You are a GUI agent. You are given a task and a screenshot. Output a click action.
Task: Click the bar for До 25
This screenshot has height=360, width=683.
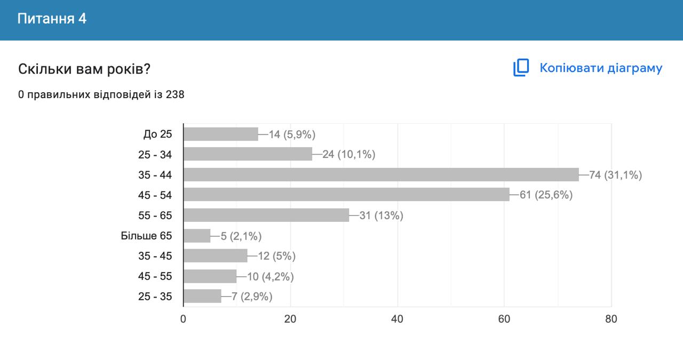pyautogui.click(x=221, y=134)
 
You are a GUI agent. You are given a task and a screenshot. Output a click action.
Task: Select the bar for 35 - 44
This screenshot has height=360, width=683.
pyautogui.click(x=381, y=175)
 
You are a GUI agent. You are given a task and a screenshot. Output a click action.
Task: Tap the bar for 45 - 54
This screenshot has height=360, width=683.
pyautogui.click(x=346, y=195)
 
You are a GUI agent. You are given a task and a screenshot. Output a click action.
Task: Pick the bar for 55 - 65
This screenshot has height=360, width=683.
pyautogui.click(x=266, y=215)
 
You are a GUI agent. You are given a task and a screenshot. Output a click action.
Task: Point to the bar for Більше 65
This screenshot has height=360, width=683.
pyautogui.click(x=197, y=236)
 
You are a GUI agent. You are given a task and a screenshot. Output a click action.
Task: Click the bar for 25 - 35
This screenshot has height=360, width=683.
pyautogui.click(x=202, y=297)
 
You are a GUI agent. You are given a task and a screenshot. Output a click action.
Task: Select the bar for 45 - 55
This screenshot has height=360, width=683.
pyautogui.click(x=210, y=276)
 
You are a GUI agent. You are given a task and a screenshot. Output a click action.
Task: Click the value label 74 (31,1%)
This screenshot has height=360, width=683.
pyautogui.click(x=615, y=175)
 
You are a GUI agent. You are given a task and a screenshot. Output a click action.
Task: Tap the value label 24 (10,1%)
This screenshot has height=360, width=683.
pyautogui.click(x=348, y=155)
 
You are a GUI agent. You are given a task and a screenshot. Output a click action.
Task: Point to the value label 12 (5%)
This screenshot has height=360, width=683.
pyautogui.click(x=276, y=256)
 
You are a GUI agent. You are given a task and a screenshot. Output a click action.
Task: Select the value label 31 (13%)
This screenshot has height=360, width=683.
pyautogui.click(x=382, y=215)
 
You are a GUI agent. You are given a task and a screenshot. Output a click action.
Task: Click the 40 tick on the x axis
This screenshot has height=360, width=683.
pyautogui.click(x=397, y=319)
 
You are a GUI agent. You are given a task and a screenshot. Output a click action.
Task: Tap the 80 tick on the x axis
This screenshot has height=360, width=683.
pyautogui.click(x=611, y=319)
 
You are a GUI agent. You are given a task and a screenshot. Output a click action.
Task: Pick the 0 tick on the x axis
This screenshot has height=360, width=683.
pyautogui.click(x=184, y=319)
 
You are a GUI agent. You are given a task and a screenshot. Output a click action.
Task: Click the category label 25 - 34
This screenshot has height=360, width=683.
pyautogui.click(x=155, y=155)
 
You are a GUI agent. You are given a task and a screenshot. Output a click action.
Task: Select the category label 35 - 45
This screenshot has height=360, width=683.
pyautogui.click(x=155, y=256)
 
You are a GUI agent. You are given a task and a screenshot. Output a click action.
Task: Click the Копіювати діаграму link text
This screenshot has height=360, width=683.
pyautogui.click(x=601, y=68)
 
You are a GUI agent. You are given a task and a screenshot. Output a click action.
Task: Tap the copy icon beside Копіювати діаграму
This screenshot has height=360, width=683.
pyautogui.click(x=521, y=68)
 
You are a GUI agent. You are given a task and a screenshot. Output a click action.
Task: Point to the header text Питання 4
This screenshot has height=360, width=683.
pyautogui.click(x=52, y=19)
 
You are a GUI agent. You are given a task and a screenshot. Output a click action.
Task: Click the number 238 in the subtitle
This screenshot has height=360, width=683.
pyautogui.click(x=175, y=95)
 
